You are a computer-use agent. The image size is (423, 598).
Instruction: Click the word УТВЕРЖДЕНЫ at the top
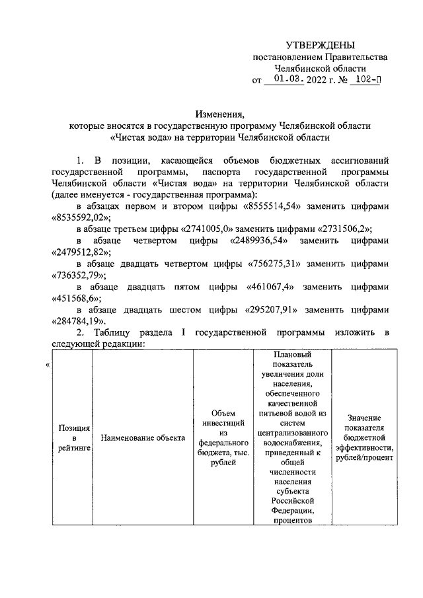[320, 45]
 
